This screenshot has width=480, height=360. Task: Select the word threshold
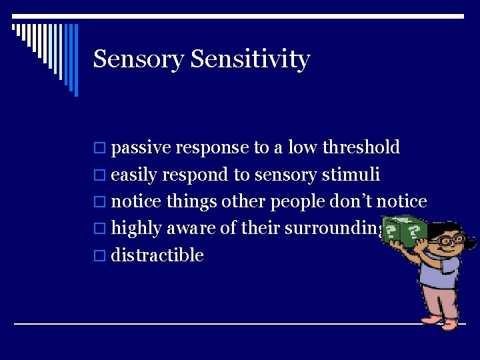click(361, 147)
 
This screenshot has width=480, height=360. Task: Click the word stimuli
click(351, 175)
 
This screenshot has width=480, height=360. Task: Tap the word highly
click(137, 229)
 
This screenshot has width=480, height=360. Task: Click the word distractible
click(157, 255)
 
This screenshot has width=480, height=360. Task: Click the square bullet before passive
click(100, 148)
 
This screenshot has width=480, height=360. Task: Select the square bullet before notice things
click(100, 202)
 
